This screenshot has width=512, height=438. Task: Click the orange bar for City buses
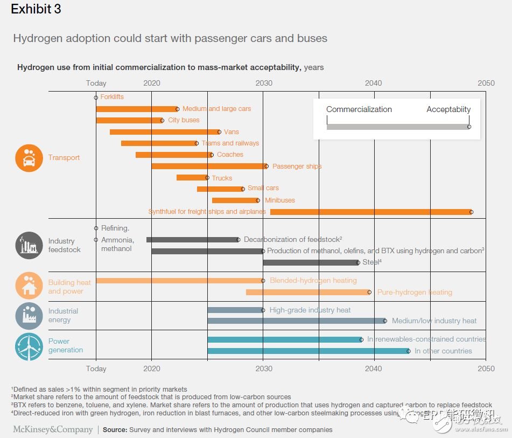click(x=129, y=120)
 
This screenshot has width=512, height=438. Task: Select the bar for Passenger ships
click(x=208, y=166)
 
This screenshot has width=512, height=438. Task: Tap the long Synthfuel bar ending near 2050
click(x=370, y=212)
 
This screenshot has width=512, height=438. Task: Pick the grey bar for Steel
click(x=310, y=262)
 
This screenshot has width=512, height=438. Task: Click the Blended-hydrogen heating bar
click(x=179, y=280)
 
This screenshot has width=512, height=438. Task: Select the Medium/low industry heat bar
click(x=296, y=321)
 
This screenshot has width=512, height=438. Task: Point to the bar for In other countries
click(x=308, y=351)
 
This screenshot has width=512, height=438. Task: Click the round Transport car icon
click(x=29, y=158)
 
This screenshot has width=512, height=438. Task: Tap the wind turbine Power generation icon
click(x=29, y=346)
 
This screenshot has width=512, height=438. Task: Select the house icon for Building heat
click(x=29, y=287)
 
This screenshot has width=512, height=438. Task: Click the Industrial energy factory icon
click(x=29, y=316)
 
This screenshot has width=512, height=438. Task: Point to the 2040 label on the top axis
click(x=373, y=83)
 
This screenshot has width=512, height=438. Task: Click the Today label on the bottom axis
click(x=96, y=369)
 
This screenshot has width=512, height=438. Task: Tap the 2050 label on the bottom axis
click(x=486, y=369)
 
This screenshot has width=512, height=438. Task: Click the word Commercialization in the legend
click(x=359, y=109)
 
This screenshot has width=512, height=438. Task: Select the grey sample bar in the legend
click(x=397, y=127)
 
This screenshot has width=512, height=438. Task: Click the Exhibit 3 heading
click(x=36, y=10)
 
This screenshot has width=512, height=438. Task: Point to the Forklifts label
click(x=112, y=97)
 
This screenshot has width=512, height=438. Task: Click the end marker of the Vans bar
click(x=219, y=131)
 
